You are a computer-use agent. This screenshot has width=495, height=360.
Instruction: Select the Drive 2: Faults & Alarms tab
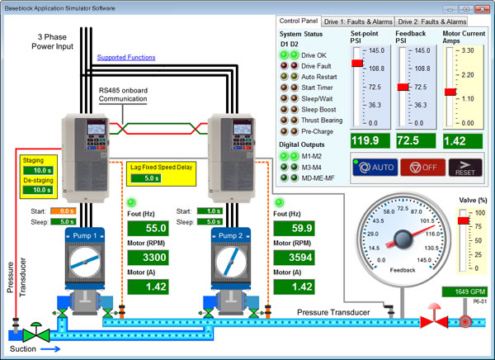442,21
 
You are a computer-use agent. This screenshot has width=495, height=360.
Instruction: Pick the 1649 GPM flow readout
467,292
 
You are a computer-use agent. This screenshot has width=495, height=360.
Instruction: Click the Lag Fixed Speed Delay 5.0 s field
151,178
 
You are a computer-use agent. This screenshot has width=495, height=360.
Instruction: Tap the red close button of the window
481,7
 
